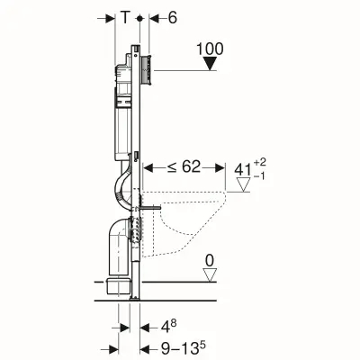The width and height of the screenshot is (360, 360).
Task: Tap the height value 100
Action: tap(210, 46)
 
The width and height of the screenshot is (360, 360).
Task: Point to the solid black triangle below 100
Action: tap(210, 64)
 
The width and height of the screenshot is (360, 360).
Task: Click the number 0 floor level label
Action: tap(209, 261)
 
